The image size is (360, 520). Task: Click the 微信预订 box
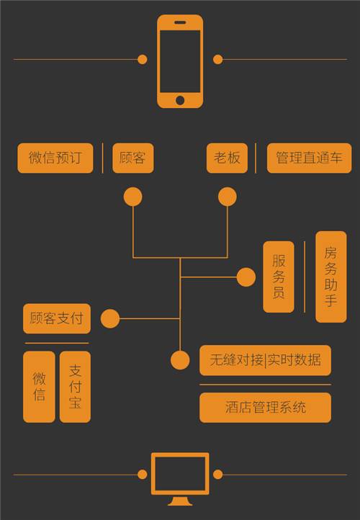coord(55,158)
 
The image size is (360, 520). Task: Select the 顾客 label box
coord(133,158)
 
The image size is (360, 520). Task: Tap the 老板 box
coord(227,158)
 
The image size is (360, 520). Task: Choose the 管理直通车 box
coord(309,158)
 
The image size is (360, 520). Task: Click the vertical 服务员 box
coord(279,277)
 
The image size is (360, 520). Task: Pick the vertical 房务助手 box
coord(330,277)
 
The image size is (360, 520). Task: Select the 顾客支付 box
coord(57,318)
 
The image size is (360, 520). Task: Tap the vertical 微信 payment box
coord(39,387)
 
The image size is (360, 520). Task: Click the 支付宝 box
coord(75,387)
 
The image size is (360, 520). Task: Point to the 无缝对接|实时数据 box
coord(265,360)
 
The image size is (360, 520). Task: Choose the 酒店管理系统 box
coord(265,408)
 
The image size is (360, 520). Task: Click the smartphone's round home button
coord(180,100)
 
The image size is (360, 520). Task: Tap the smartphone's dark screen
coord(180,61)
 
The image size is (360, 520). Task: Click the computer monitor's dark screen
coord(180,474)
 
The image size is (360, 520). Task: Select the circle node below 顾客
coord(133,197)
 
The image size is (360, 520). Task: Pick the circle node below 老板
coord(228,197)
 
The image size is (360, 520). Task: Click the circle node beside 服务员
coord(246,277)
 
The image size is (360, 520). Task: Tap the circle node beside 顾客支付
coord(110,319)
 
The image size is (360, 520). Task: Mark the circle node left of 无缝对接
coord(180,361)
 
